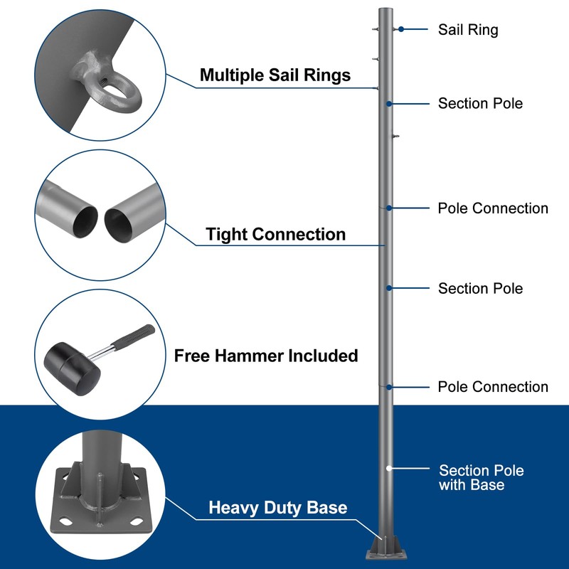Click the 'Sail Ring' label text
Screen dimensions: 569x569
click(x=468, y=30)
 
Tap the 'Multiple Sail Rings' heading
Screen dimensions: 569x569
click(x=275, y=75)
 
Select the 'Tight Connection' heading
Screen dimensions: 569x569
click(x=275, y=234)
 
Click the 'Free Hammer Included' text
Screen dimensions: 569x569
click(x=266, y=356)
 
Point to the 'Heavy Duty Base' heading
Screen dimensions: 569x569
click(x=278, y=507)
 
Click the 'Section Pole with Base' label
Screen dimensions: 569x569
click(x=482, y=477)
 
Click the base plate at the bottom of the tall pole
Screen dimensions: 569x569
click(x=385, y=554)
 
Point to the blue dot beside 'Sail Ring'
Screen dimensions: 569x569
click(x=401, y=29)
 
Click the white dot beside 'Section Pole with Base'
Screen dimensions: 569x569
click(x=389, y=468)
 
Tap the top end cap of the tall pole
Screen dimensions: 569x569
click(x=385, y=9)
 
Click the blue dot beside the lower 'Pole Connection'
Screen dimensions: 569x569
click(x=389, y=387)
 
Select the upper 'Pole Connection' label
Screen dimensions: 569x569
click(x=493, y=208)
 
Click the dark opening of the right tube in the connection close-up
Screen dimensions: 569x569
click(x=119, y=225)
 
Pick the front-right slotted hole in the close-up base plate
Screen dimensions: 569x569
click(x=136, y=522)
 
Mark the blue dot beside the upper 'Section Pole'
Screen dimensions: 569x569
click(x=389, y=104)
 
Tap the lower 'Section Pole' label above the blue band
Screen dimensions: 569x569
click(x=481, y=289)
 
